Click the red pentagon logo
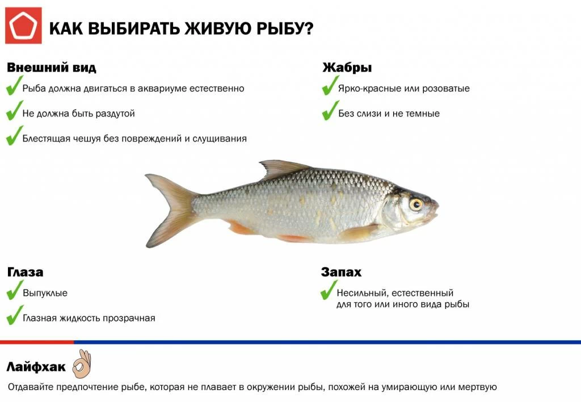click(23, 26)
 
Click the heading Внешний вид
click(52, 68)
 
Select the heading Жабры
click(347, 68)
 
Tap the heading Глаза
click(25, 272)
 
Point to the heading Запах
click(341, 272)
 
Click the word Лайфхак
click(36, 367)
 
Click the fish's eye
click(416, 204)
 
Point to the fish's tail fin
click(170, 210)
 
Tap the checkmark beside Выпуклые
click(14, 290)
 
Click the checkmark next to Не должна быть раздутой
click(14, 110)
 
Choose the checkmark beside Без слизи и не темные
click(331, 110)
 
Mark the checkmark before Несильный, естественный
click(329, 290)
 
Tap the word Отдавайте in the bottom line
click(31, 388)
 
